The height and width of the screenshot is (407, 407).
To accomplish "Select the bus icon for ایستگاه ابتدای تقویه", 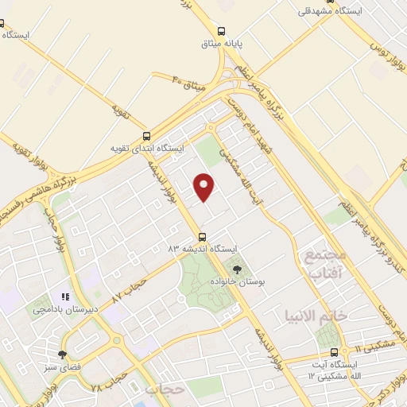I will pyautogui.click(x=145, y=135).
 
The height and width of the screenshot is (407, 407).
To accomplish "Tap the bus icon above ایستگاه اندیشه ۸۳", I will pyautogui.click(x=202, y=236).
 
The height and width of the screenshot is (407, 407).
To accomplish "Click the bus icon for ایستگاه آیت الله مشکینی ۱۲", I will pyautogui.click(x=334, y=351).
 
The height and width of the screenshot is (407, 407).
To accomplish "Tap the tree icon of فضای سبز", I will pyautogui.click(x=62, y=355).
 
